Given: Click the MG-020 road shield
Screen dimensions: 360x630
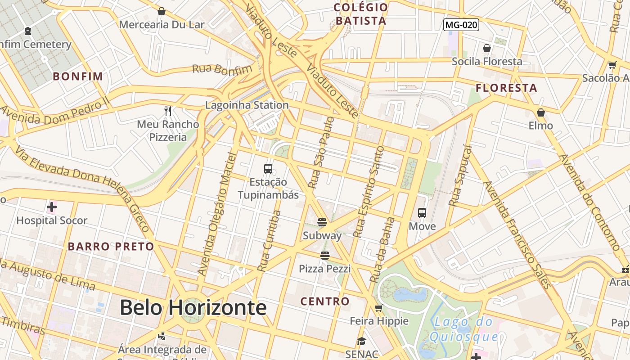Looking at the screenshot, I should (x=461, y=25).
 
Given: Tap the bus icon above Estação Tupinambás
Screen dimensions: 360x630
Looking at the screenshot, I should (x=268, y=169).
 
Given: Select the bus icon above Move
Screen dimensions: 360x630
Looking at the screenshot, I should (x=422, y=213).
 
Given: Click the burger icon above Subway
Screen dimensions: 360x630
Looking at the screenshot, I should (x=322, y=222).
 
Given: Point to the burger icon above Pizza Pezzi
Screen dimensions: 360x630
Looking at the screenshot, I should (x=325, y=256).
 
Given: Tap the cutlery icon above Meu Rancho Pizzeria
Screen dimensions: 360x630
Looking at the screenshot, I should (x=168, y=111).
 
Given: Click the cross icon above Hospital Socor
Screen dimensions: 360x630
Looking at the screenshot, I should (x=52, y=207).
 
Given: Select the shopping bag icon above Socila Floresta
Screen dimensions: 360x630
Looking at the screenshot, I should (x=487, y=48).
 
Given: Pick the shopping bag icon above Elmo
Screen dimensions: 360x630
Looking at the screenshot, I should (x=540, y=112).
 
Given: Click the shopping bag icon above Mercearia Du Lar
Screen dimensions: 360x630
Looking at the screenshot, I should (x=162, y=11).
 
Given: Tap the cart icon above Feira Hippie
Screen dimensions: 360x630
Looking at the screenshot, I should (x=379, y=308).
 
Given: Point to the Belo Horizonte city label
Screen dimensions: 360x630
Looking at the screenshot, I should (x=193, y=308).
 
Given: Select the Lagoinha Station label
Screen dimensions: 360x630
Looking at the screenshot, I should (x=247, y=105).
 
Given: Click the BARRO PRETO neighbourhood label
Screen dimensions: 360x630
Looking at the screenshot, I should (x=111, y=247).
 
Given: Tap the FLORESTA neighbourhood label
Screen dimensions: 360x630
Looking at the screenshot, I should (x=507, y=88).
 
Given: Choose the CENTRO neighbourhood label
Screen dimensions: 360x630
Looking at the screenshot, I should (x=325, y=301).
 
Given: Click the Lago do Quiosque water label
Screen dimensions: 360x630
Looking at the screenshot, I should (x=463, y=329).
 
